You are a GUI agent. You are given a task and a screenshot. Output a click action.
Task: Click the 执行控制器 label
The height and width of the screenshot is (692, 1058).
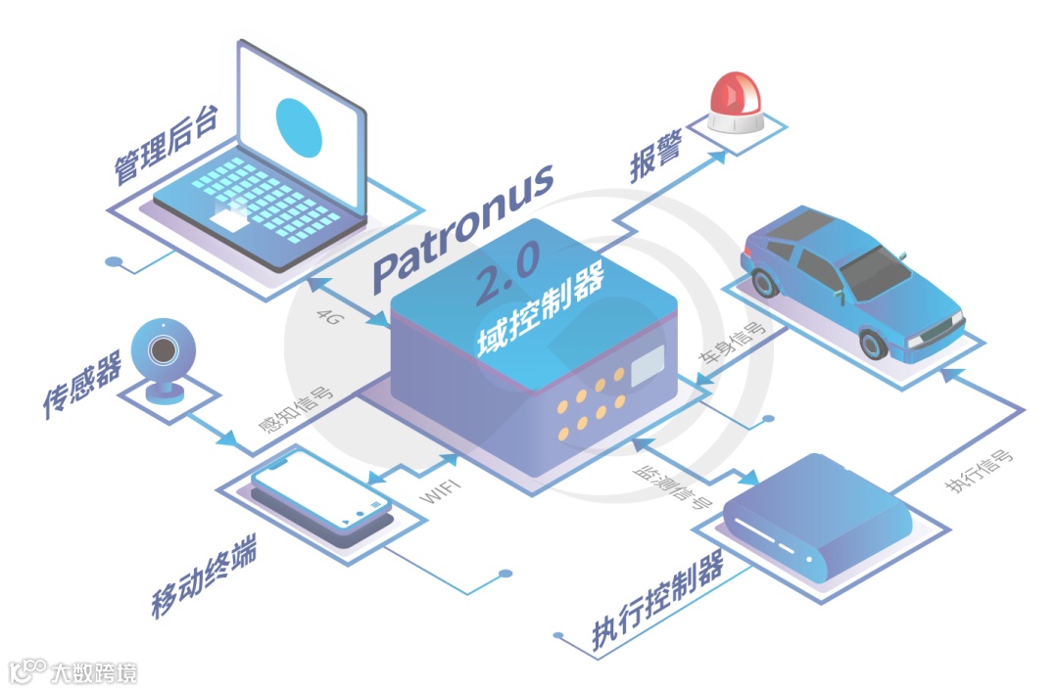(x=657, y=603)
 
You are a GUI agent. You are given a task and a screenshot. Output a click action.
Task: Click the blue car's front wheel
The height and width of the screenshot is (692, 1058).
(x=872, y=344)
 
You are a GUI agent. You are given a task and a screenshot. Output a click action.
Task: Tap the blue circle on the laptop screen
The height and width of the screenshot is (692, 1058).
(x=299, y=126)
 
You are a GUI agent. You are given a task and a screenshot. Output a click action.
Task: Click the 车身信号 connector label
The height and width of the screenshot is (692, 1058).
(x=731, y=346)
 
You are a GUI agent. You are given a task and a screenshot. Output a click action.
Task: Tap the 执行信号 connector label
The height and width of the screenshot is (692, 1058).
(x=979, y=472)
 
